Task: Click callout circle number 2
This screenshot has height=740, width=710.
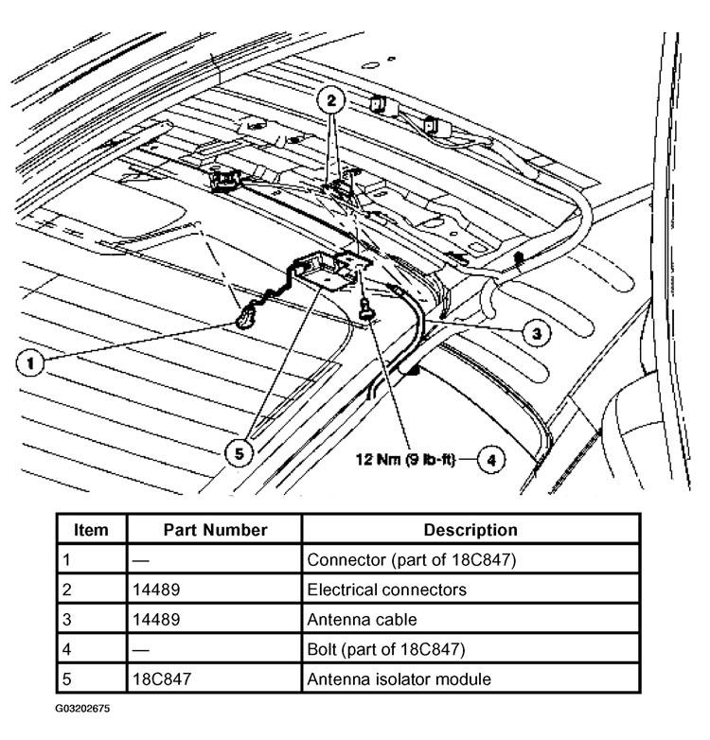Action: (331, 99)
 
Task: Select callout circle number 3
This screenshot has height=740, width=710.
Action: (536, 332)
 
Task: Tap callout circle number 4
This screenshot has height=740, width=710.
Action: (489, 460)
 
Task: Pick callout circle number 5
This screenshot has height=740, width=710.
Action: (241, 452)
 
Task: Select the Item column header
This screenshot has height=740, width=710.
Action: (91, 530)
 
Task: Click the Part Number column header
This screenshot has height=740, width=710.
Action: (215, 530)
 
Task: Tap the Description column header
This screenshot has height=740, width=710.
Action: (470, 530)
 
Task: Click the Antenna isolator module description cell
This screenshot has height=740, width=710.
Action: (399, 678)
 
